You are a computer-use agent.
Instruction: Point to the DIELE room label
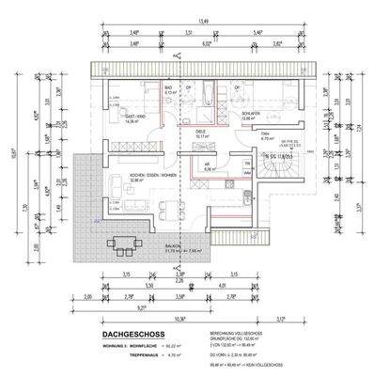[200, 133]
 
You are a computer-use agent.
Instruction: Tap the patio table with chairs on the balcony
[122, 242]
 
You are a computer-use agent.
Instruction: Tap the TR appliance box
[247, 164]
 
